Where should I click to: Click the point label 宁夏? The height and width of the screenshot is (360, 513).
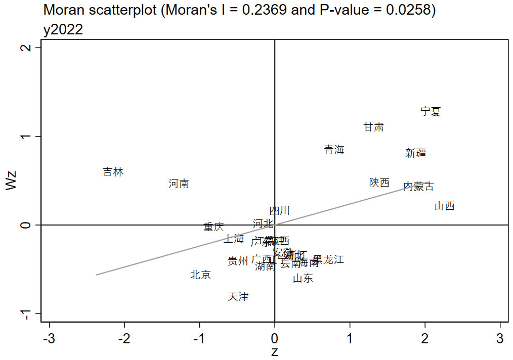click(431, 111)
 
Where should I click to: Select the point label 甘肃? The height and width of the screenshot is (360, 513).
click(373, 127)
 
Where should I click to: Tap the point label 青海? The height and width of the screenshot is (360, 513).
click(334, 150)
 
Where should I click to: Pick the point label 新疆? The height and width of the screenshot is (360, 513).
click(416, 153)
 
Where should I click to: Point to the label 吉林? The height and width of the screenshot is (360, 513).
click(113, 172)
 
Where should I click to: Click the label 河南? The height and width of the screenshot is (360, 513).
click(179, 184)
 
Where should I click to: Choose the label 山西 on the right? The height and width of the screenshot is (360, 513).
click(445, 206)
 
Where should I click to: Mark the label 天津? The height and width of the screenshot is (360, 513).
click(238, 296)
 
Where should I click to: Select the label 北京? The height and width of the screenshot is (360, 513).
click(200, 275)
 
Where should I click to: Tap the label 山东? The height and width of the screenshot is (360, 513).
click(303, 278)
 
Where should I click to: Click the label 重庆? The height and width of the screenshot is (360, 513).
click(213, 227)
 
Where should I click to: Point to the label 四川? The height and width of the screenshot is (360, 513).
click(279, 210)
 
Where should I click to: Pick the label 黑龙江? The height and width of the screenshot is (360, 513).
click(329, 260)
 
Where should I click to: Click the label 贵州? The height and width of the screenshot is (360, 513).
click(238, 261)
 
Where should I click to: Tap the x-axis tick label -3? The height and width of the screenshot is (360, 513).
click(49, 338)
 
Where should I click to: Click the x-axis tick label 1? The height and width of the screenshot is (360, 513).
click(350, 338)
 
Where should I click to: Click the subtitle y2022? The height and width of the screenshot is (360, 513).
click(63, 30)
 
